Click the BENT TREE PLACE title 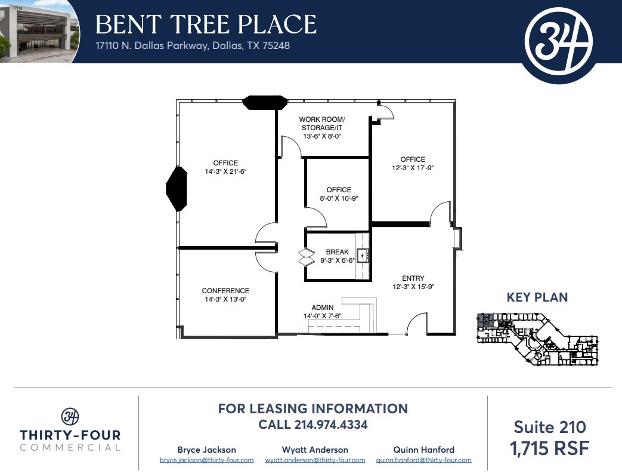(206, 24)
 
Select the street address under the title (193, 45)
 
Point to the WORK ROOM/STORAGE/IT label (322, 124)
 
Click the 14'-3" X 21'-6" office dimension (225, 171)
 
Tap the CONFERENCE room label (225, 291)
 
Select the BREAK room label (337, 252)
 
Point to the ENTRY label (413, 278)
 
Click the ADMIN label (322, 307)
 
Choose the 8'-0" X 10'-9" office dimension (339, 198)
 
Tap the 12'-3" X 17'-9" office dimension (413, 168)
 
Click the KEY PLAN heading (537, 297)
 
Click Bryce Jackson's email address (206, 460)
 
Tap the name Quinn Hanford (423, 450)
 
